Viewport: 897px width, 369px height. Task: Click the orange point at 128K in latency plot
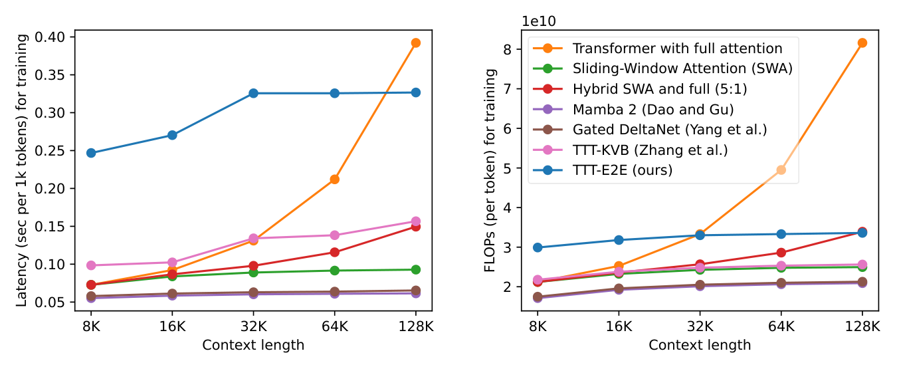pos(415,43)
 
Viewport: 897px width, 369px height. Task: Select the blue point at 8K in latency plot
pos(91,153)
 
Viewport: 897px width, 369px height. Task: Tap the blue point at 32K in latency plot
pos(253,93)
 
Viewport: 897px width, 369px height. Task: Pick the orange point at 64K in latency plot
pos(334,180)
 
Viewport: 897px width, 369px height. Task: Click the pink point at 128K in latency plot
pos(415,221)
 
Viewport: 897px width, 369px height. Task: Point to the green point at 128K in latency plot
pos(415,269)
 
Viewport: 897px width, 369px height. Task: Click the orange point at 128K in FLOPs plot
pos(862,43)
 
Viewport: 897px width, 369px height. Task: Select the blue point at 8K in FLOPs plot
pos(538,247)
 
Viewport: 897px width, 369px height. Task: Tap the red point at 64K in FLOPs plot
pos(781,253)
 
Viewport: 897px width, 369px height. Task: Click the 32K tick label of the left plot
pos(253,326)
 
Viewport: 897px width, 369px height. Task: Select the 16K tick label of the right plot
pos(619,326)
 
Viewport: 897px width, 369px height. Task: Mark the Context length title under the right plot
pos(700,344)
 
